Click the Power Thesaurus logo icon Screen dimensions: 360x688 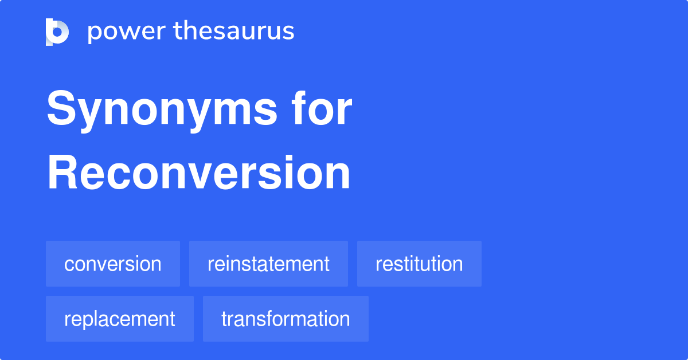tap(57, 32)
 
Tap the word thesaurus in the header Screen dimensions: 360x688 tap(234, 32)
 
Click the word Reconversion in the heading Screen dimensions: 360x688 tap(198, 173)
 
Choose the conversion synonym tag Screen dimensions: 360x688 tap(113, 264)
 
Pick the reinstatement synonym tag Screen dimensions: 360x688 tap(268, 264)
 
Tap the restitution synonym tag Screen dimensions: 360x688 tap(419, 264)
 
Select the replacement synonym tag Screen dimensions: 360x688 tap(120, 319)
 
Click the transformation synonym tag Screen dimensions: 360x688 tap(286, 319)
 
